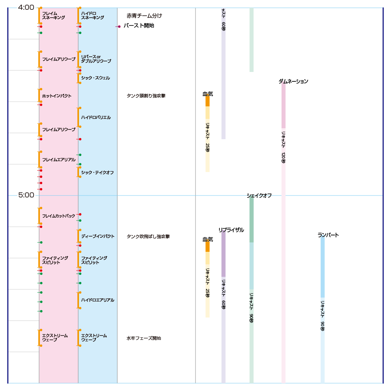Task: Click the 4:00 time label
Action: (x=26, y=7)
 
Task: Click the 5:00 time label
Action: (x=26, y=195)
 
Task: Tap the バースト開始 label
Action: (x=139, y=26)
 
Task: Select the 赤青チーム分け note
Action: (x=144, y=16)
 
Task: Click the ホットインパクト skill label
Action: (x=57, y=96)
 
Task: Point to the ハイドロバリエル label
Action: (x=96, y=117)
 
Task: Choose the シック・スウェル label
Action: (x=95, y=78)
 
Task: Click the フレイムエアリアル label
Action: (x=59, y=160)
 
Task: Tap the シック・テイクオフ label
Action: (x=97, y=172)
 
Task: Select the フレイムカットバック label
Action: (x=59, y=216)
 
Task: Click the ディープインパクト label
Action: (x=98, y=236)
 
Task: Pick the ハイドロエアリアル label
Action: (x=98, y=300)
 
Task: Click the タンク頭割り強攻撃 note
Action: (x=146, y=96)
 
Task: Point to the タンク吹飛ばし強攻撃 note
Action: (x=148, y=237)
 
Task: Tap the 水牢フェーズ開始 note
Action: (x=143, y=338)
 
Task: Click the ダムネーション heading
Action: (x=293, y=81)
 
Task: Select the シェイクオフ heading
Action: (x=259, y=195)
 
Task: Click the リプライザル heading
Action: (x=231, y=230)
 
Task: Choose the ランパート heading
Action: (x=328, y=235)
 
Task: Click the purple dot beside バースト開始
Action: (x=119, y=27)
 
